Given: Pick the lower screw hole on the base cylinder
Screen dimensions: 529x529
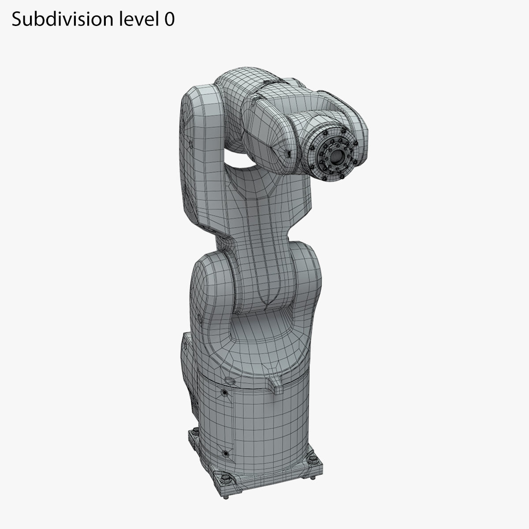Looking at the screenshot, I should tap(226, 453).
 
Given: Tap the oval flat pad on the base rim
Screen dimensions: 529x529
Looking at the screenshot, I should tap(229, 380).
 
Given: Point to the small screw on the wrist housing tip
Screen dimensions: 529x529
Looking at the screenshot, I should tap(289, 153).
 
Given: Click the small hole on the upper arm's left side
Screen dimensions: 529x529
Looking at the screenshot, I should tap(189, 143).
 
